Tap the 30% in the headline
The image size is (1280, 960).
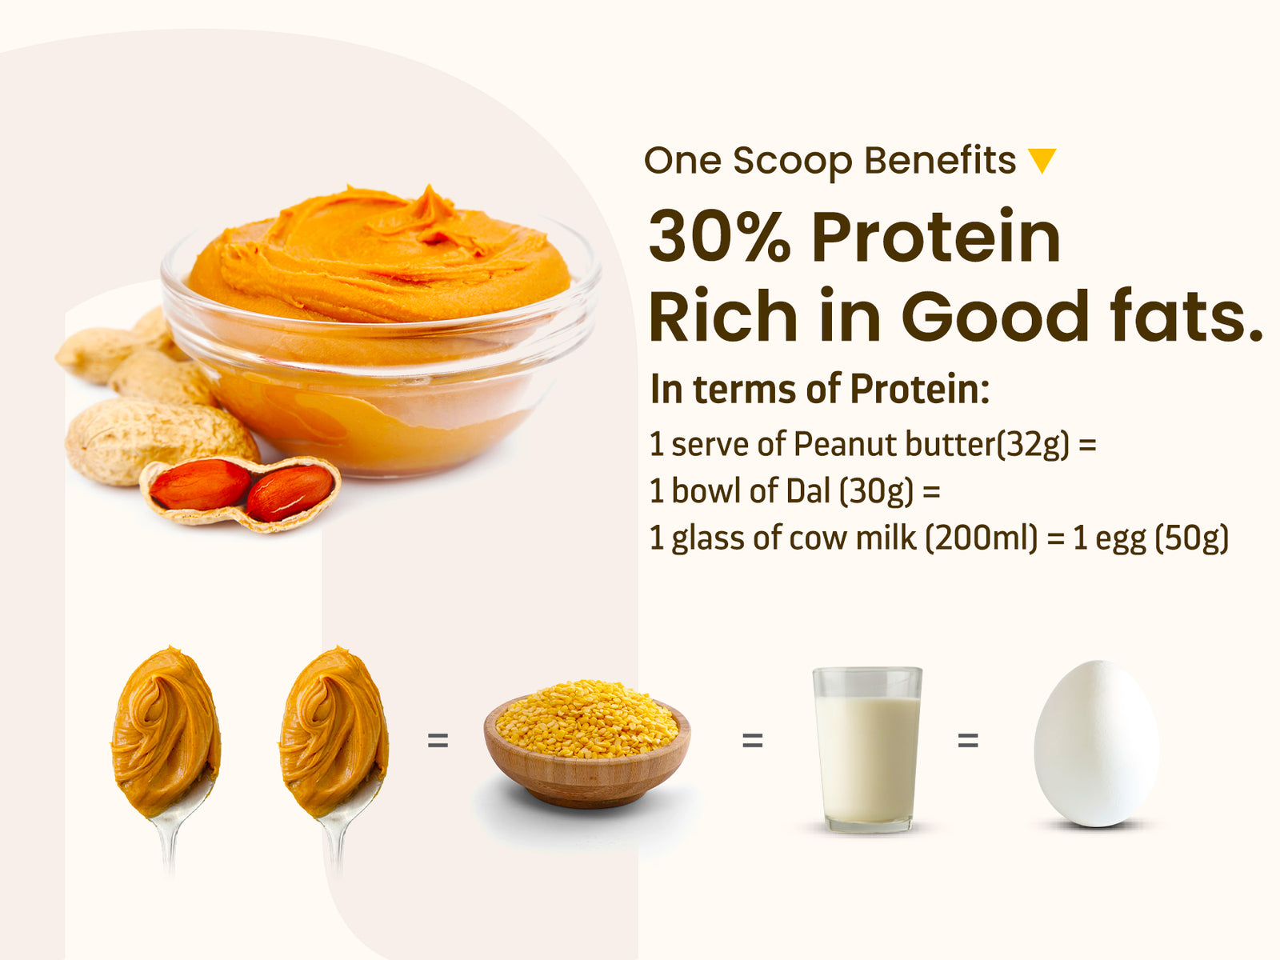pos(719,237)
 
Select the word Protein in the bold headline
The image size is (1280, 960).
pos(936,237)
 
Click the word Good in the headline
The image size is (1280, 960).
pos(995,315)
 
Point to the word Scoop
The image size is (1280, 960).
pos(793,162)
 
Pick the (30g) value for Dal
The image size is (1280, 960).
pos(876,490)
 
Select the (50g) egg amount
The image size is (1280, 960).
pos(1192,538)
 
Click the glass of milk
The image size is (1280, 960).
pos(867,749)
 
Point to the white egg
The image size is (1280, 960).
pos(1096,744)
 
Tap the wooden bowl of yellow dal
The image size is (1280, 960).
pos(586,744)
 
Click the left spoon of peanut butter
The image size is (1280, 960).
pos(166,752)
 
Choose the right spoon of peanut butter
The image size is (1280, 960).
pos(334,752)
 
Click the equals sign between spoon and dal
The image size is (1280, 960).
pos(438,741)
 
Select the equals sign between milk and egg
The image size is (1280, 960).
pos(968,741)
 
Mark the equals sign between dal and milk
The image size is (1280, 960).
pos(752,741)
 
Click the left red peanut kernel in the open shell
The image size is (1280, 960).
pos(200,484)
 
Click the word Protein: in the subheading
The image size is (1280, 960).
pos(920,389)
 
